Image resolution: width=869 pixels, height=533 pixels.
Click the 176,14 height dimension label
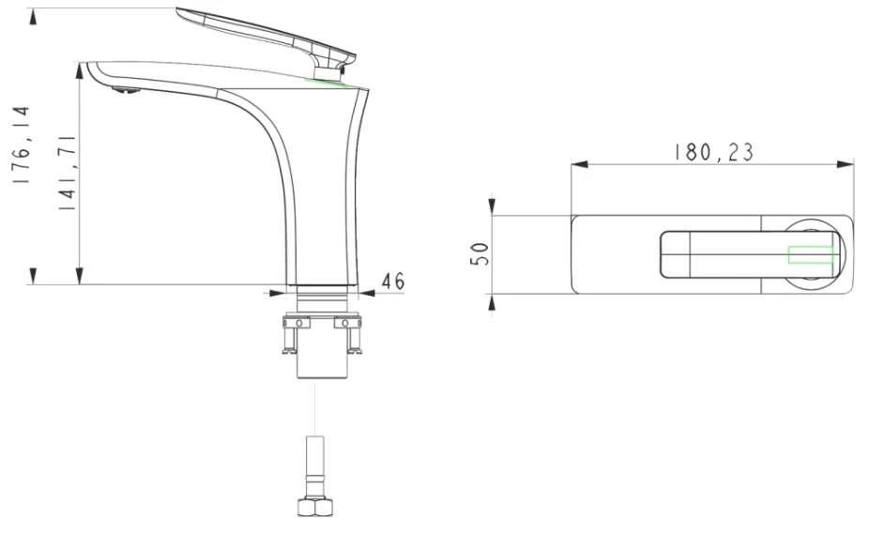click(23, 145)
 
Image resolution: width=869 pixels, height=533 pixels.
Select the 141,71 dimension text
click(67, 172)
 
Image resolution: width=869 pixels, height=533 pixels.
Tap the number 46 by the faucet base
click(393, 281)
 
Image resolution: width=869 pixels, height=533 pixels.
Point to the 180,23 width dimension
click(713, 152)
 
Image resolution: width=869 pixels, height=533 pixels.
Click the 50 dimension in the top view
click(480, 254)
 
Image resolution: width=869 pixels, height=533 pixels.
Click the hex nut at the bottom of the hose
click(314, 507)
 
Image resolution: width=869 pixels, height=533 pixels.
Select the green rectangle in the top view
click(811, 255)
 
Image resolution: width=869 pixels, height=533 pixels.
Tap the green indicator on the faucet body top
click(326, 83)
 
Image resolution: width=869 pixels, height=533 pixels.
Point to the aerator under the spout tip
click(126, 90)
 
